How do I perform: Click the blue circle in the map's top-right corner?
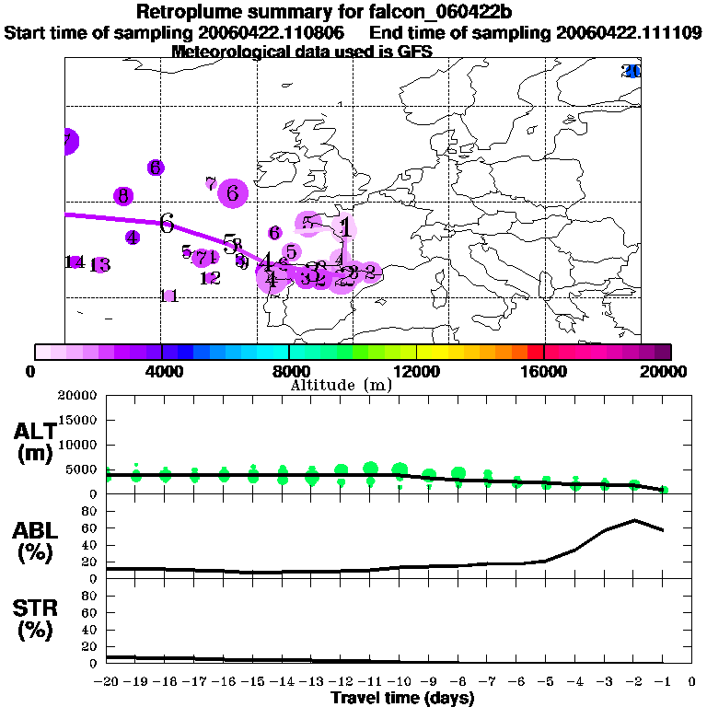[x=632, y=71]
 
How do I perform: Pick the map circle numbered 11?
[x=168, y=296]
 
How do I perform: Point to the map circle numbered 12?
[x=210, y=277]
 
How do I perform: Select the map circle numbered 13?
[x=99, y=265]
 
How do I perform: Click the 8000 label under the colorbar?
[x=288, y=372]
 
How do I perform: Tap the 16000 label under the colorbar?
[x=544, y=372]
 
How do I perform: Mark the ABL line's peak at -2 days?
[x=633, y=520]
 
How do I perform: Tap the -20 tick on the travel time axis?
[x=107, y=682]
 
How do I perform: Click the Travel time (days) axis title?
[x=401, y=698]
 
